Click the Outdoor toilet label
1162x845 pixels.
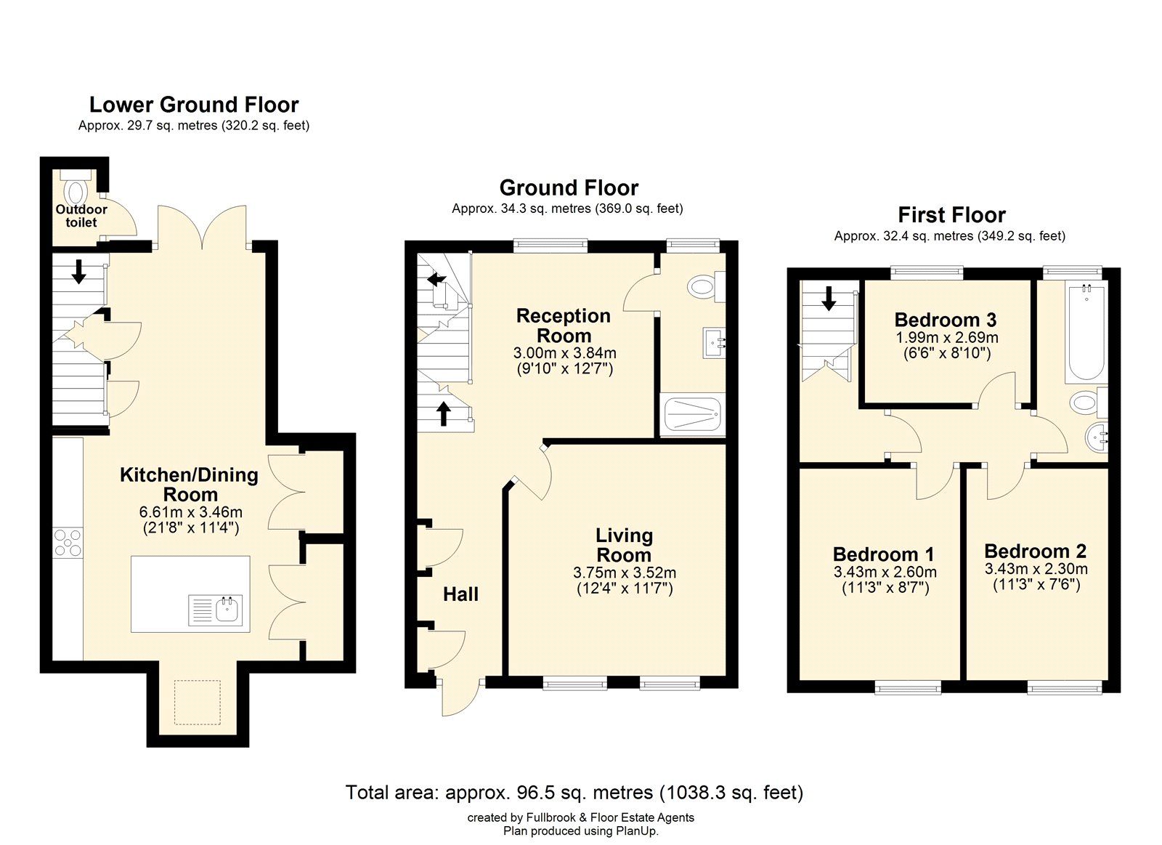click(x=81, y=216)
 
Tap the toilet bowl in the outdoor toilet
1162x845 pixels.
click(x=76, y=193)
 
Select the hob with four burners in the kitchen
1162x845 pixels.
click(x=68, y=543)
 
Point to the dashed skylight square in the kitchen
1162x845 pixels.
click(x=198, y=702)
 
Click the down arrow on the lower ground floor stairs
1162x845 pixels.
click(x=78, y=272)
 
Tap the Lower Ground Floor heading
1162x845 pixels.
click(x=194, y=105)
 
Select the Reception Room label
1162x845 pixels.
click(x=564, y=326)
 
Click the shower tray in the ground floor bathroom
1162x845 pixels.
click(x=694, y=416)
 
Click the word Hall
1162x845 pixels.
click(x=460, y=594)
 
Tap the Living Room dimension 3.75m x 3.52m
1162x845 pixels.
click(x=625, y=573)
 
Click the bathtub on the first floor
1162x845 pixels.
click(x=1086, y=334)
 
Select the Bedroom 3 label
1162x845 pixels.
click(x=945, y=320)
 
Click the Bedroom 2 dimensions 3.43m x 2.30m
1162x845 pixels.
click(x=1036, y=569)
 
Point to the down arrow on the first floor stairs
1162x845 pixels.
click(x=828, y=297)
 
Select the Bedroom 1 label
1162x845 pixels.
click(x=883, y=555)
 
